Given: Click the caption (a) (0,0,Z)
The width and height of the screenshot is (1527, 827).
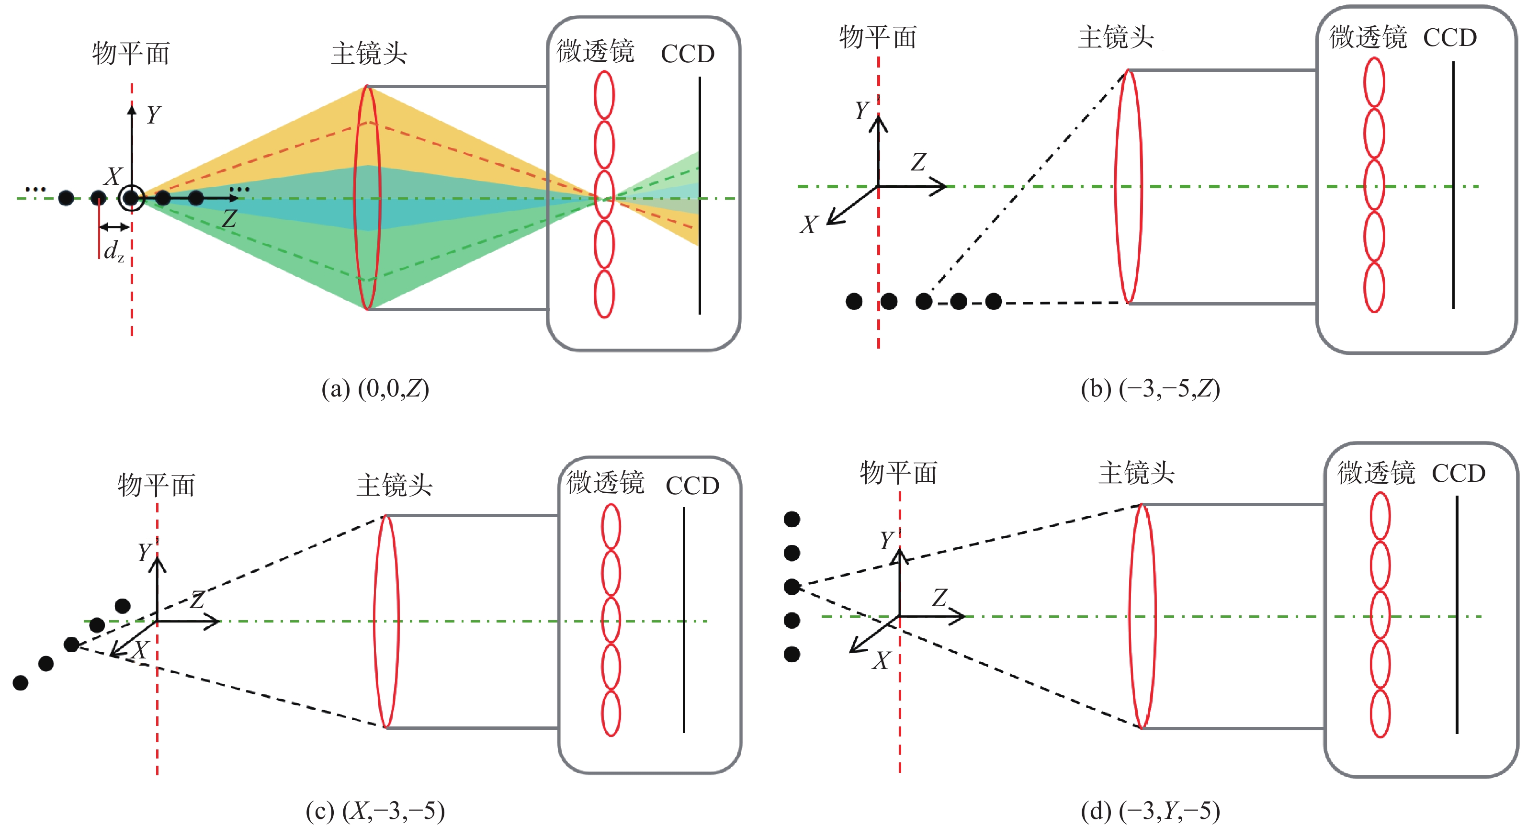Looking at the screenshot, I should point(374,389).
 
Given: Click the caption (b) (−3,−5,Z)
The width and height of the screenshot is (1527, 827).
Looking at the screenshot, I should point(1150,389).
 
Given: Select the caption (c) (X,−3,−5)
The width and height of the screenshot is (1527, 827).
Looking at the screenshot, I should point(374,810).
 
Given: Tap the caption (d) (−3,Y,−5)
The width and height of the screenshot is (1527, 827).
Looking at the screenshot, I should point(1150,810).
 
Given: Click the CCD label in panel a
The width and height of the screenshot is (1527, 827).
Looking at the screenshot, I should point(688,54).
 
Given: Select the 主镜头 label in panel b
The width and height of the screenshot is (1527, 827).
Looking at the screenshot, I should point(1116,37).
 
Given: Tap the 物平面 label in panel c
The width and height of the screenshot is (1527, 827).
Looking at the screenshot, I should point(157,485).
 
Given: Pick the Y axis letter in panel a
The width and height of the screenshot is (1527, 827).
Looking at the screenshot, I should point(154,114).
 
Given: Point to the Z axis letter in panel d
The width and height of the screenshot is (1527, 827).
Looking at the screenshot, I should point(939,598).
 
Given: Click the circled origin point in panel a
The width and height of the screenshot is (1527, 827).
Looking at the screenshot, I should point(131,198).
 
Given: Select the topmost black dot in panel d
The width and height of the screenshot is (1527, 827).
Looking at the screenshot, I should point(792,519).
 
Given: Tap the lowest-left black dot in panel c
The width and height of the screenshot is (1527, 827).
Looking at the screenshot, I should point(21,683).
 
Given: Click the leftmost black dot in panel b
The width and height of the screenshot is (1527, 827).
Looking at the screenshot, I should point(854,302).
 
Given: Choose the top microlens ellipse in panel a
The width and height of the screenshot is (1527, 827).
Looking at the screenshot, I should point(604,95).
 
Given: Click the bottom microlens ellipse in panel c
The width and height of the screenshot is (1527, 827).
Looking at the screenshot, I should point(611,714).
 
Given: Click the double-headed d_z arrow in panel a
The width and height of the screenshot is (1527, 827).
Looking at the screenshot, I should point(114,227).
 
